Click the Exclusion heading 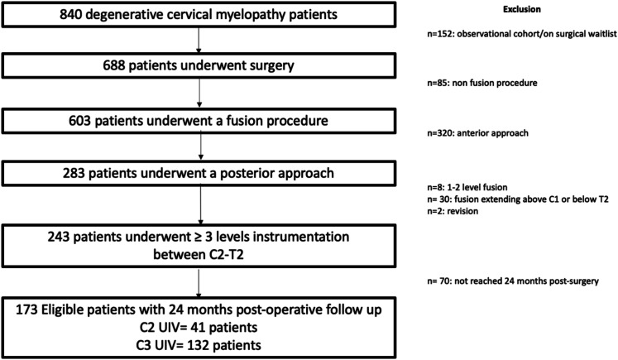point(521,9)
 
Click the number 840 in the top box point(70,15)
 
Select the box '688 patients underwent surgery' point(199,65)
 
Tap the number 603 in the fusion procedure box point(79,121)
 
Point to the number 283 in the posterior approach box point(74,173)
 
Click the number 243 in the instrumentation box point(59,237)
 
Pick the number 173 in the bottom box point(26,310)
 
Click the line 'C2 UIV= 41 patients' point(199,327)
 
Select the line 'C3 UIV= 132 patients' point(199,345)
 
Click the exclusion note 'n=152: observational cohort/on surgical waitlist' point(522,34)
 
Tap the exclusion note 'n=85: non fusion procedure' point(482,83)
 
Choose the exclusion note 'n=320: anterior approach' point(477,133)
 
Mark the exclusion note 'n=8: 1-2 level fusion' point(467,187)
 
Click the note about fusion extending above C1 point(518,199)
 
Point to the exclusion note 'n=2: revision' point(453,211)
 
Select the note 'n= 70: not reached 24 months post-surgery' point(513,281)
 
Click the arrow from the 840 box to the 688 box point(199,41)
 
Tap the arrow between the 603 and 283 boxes point(200,146)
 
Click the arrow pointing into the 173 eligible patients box point(199,283)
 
